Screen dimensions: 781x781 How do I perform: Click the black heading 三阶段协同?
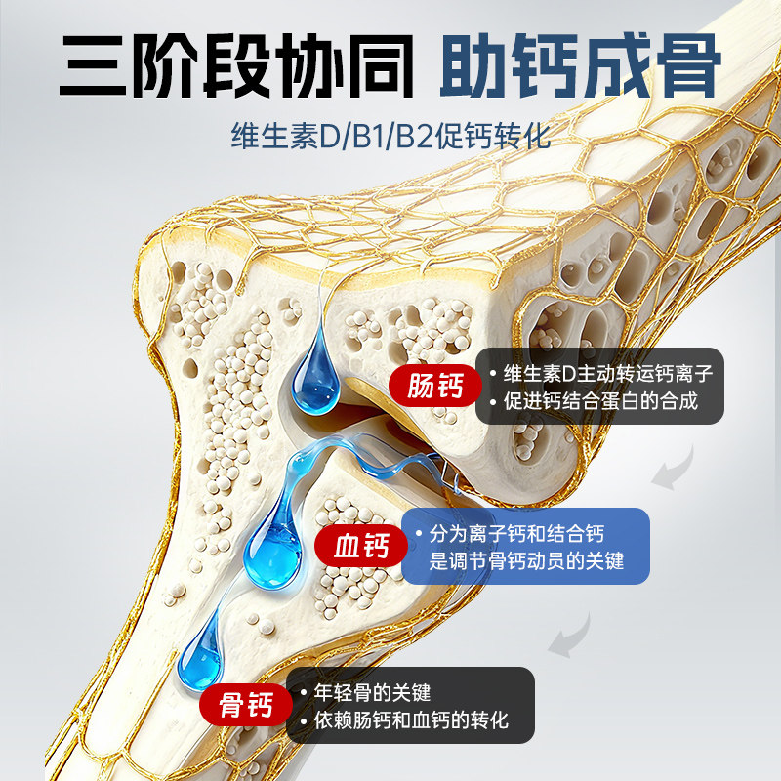[x=234, y=65]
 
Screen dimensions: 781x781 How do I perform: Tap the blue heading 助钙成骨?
[x=580, y=65]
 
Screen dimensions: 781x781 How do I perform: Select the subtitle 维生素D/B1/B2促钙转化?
[x=390, y=134]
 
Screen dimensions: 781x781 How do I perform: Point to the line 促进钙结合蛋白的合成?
[x=600, y=400]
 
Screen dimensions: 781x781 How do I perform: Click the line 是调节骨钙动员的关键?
[x=527, y=561]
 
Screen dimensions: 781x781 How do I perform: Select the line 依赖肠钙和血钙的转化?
[x=411, y=721]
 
